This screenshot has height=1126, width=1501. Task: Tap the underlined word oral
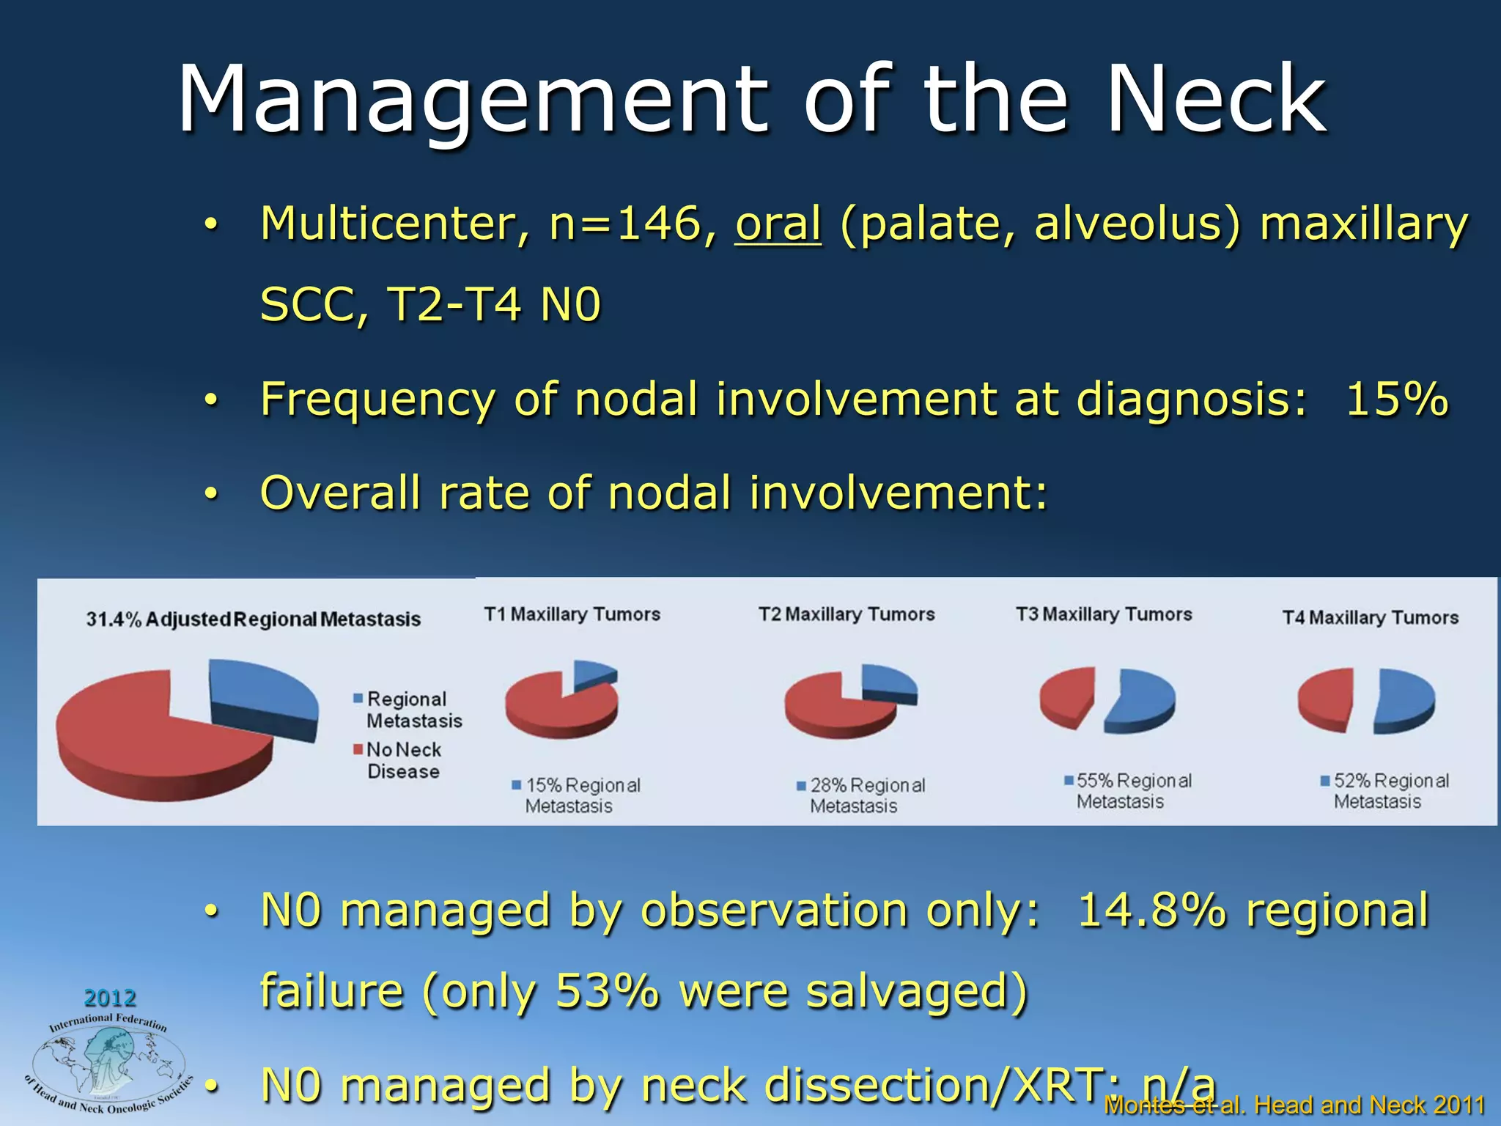(x=778, y=224)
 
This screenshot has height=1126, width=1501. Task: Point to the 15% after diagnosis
(x=1397, y=400)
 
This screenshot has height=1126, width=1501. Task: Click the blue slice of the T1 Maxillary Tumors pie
(x=592, y=673)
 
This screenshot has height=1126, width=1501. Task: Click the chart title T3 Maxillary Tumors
(x=1104, y=614)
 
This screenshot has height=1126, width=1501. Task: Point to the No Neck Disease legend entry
(x=403, y=760)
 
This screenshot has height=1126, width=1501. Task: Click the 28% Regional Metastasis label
(x=866, y=795)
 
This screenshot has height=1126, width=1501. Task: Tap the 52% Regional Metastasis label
(x=1390, y=791)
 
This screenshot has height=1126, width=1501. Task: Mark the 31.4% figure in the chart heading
(x=113, y=619)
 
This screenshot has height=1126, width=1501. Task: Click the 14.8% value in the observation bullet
(x=1151, y=910)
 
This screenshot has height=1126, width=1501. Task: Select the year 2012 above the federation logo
(x=110, y=998)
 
